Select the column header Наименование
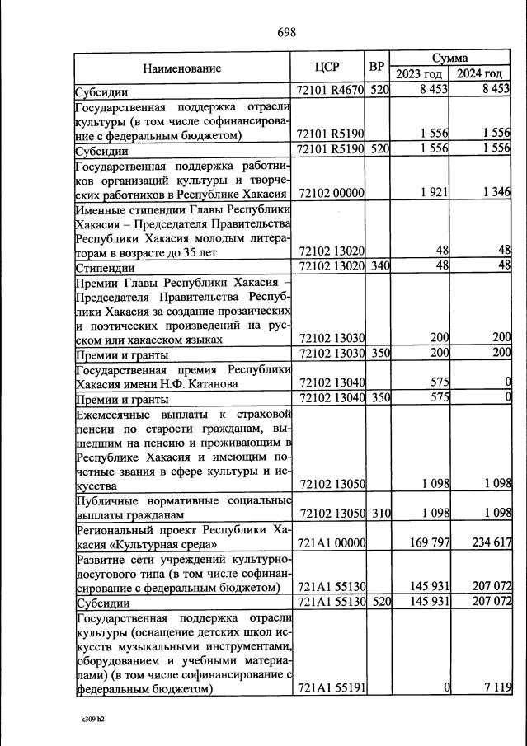(x=182, y=68)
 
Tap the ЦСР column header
(x=329, y=68)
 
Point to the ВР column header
(x=377, y=67)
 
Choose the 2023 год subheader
(x=420, y=75)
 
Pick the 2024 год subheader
(x=481, y=75)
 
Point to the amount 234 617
(x=490, y=542)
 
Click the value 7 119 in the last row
(x=496, y=687)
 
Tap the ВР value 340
(x=379, y=265)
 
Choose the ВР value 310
(x=379, y=513)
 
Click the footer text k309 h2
(x=92, y=719)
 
